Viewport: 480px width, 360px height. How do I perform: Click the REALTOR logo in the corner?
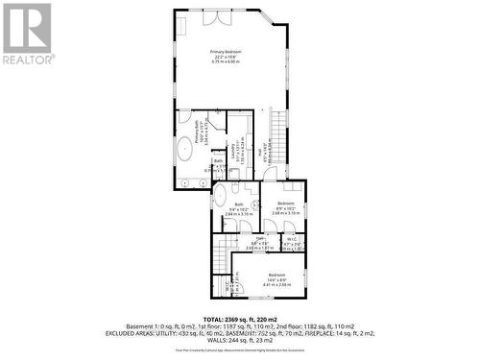click(26, 34)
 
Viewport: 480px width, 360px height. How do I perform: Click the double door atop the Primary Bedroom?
click(221, 16)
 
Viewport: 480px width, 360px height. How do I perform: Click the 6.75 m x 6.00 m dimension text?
click(226, 60)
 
